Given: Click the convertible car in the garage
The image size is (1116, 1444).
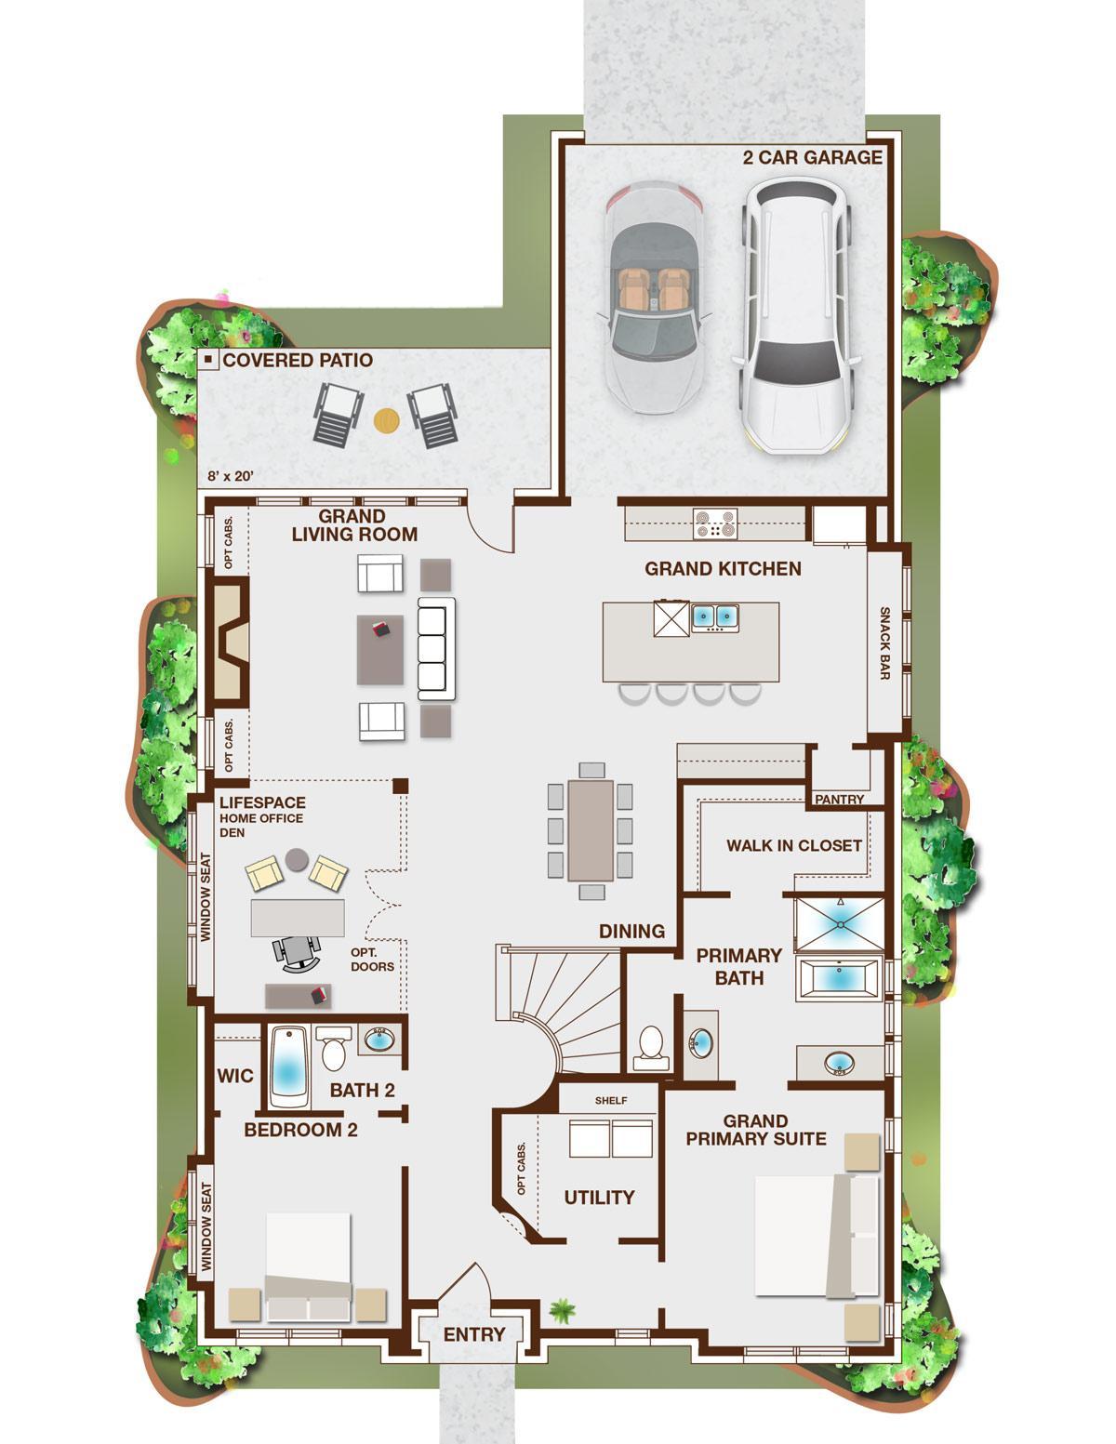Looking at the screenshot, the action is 654,298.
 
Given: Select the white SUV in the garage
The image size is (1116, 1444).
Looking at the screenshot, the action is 796,314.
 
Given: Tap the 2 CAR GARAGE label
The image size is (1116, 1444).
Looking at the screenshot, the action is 812,157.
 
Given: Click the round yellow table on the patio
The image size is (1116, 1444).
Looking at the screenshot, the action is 386,420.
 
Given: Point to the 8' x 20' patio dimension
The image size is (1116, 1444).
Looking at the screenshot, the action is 230,476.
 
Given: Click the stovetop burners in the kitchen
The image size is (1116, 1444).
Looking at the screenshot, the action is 714,523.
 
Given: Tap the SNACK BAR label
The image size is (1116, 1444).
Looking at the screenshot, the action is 884,643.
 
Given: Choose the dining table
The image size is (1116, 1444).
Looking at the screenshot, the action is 591,830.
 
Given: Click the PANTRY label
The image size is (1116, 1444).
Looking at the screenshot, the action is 840,800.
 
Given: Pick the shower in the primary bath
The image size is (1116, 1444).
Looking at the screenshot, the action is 840,924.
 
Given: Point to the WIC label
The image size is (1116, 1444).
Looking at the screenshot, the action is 234,1075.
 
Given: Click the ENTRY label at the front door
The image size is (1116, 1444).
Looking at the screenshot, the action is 474,1333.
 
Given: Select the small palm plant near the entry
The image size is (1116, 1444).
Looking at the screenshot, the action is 562,1310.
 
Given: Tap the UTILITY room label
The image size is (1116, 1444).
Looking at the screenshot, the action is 599,1198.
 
